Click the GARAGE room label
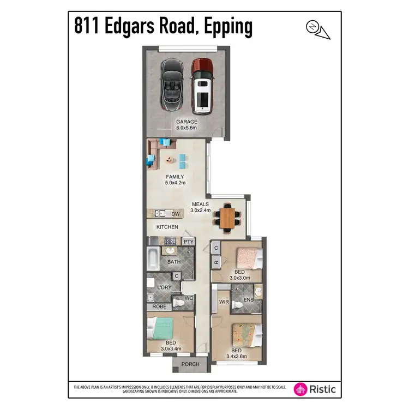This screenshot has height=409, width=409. (x=187, y=122)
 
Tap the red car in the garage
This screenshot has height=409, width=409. (x=202, y=86)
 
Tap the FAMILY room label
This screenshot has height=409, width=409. (x=175, y=177)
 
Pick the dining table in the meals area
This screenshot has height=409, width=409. (x=228, y=217)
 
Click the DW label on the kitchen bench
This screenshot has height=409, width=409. (x=175, y=214)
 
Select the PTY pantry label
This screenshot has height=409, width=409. (x=188, y=242)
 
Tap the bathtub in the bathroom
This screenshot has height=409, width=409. (x=153, y=256)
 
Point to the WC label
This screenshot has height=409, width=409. (x=189, y=298)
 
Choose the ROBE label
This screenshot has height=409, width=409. (x=159, y=307)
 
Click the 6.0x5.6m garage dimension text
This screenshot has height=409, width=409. (x=187, y=128)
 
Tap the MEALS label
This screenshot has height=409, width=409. (x=200, y=204)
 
